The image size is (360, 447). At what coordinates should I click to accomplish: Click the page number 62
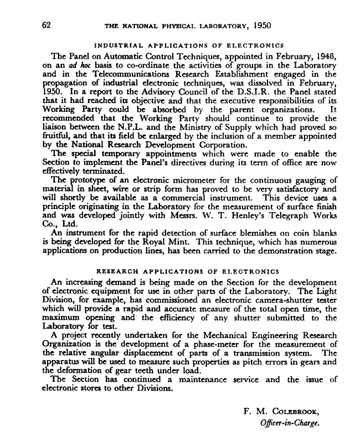46,25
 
